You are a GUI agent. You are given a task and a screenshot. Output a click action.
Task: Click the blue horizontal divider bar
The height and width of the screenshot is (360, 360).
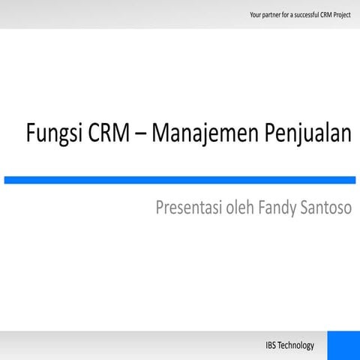pyautogui.click(x=180, y=180)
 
